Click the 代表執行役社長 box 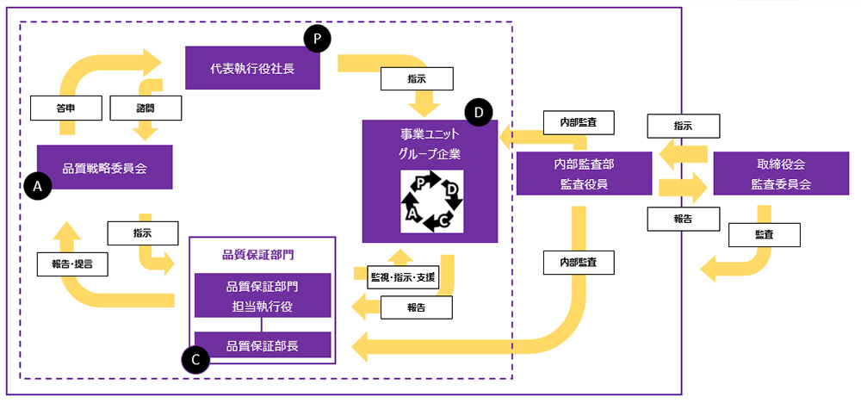pyautogui.click(x=253, y=68)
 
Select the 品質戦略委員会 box pyautogui.click(x=105, y=167)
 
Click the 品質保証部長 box pyautogui.click(x=263, y=345)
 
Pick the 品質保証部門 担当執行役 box pyautogui.click(x=263, y=295)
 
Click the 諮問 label pyautogui.click(x=146, y=107)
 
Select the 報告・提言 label pyautogui.click(x=73, y=263)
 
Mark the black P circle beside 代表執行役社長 pyautogui.click(x=317, y=39)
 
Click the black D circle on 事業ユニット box pyautogui.click(x=478, y=113)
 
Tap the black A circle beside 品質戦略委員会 pyautogui.click(x=38, y=186)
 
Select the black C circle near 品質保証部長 pyautogui.click(x=196, y=360)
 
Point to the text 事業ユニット pyautogui.click(x=430, y=135)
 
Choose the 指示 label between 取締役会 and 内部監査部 pyautogui.click(x=682, y=125)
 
